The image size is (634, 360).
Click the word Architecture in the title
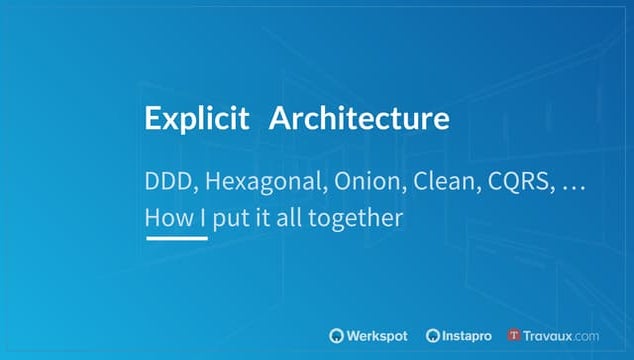pos(360,119)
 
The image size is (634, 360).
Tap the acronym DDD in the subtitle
pos(167,184)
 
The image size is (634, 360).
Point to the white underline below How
pos(176,238)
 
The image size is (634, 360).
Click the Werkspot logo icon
pos(336,335)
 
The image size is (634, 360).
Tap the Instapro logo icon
pos(433,335)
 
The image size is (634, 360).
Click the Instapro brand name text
pos(470,335)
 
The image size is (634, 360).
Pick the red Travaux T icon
pos(515,335)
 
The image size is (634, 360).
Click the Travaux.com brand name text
pos(563,335)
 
